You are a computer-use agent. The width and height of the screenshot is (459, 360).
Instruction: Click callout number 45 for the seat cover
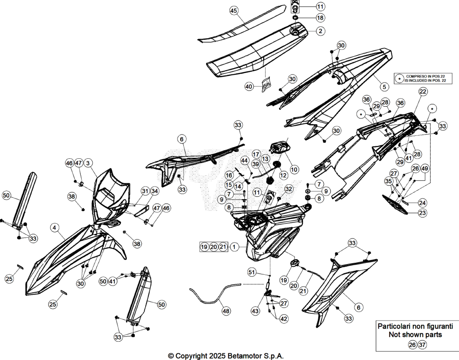(233, 11)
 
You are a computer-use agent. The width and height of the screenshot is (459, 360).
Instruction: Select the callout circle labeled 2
(320, 31)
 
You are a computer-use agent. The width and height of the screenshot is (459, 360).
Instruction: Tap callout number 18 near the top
(320, 17)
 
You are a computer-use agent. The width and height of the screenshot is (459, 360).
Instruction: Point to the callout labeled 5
(384, 87)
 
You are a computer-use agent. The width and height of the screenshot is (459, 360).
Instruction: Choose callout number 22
(423, 91)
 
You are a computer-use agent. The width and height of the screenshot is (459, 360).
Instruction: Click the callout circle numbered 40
(249, 87)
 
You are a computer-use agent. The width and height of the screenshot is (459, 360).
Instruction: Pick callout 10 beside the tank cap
(294, 169)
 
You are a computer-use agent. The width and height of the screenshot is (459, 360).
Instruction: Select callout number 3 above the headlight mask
(88, 163)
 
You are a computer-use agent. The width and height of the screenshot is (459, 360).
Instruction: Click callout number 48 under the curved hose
(226, 311)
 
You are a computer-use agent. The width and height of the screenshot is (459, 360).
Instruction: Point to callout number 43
(255, 311)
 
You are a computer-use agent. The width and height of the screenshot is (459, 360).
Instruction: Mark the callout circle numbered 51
(252, 272)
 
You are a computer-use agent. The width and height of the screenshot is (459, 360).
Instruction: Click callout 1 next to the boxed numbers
(234, 247)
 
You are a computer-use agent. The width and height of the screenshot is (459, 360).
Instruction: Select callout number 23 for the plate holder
(422, 213)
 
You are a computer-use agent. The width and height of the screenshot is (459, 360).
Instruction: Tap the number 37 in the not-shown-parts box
(422, 345)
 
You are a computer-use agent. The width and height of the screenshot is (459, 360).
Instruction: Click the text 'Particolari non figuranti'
(416, 326)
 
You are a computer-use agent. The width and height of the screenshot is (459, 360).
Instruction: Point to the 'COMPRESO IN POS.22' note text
(425, 76)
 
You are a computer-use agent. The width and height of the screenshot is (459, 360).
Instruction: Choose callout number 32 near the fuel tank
(289, 189)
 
